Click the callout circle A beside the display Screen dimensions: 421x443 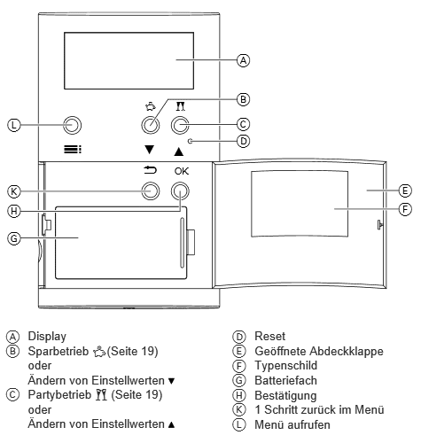(243, 60)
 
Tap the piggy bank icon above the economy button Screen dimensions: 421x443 (151, 106)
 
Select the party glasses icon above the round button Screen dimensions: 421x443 (181, 106)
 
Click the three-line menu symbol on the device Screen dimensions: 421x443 (73, 150)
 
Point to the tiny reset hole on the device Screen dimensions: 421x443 (191, 141)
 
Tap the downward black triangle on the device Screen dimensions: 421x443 (150, 150)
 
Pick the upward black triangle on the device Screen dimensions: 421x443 (179, 152)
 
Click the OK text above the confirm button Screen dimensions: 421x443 (181, 171)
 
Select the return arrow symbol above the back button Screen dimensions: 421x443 (150, 170)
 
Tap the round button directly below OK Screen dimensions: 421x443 (180, 191)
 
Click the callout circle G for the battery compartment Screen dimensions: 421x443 (14, 238)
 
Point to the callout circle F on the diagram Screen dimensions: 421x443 (405, 209)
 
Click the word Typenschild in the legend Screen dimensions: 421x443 (286, 366)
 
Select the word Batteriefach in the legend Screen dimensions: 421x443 (285, 380)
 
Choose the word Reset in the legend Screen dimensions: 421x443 (270, 337)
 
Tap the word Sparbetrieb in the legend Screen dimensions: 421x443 (58, 351)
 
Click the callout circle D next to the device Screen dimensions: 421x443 (243, 141)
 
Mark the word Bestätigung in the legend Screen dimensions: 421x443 (285, 396)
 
